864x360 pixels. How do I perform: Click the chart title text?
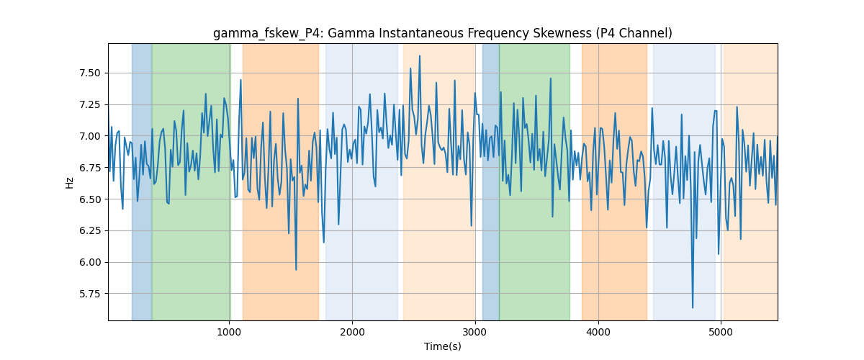point(442,33)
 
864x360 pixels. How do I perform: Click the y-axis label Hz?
point(69,182)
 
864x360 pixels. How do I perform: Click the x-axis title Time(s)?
point(442,346)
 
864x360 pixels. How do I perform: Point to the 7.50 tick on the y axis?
point(89,73)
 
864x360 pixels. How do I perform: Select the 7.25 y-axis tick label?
point(89,104)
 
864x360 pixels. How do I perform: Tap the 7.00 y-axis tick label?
point(89,136)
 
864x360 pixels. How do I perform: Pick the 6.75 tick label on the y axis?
point(89,168)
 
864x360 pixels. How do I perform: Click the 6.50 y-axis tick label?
point(89,199)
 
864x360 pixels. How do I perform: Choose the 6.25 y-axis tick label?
point(89,230)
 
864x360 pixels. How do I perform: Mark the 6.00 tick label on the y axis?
point(89,262)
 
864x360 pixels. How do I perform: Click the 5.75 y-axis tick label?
point(89,294)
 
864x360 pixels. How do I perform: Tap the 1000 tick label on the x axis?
point(229,332)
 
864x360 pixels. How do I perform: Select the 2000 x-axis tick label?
point(352,332)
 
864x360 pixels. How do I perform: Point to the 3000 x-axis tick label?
point(475,332)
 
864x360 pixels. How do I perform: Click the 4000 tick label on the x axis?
point(598,332)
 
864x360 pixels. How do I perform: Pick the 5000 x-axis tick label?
point(721,332)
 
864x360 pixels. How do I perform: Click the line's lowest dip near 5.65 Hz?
point(693,307)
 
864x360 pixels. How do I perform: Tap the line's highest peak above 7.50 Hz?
point(420,55)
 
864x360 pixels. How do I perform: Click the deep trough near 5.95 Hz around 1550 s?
point(296,270)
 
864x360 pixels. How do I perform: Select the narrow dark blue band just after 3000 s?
point(490,181)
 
